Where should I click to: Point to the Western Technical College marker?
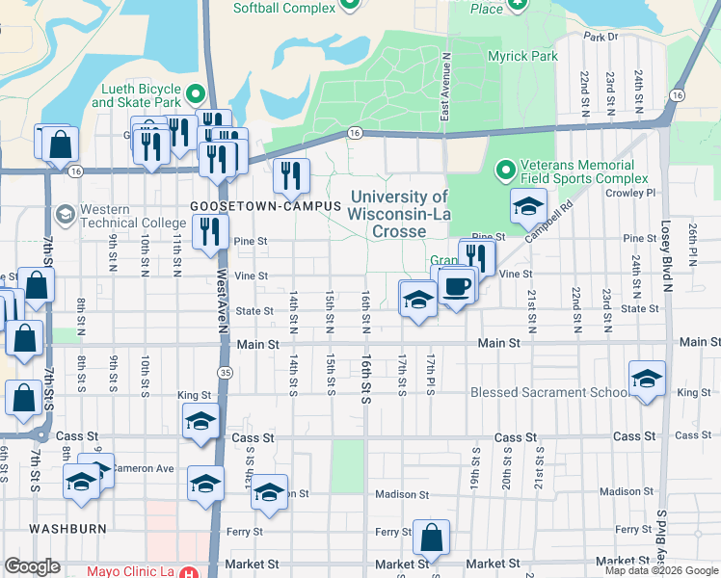[66, 213]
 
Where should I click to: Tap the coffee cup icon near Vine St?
[457, 287]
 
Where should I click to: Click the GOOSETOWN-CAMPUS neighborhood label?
[253, 206]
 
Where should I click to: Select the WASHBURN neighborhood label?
[67, 529]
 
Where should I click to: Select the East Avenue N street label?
[447, 87]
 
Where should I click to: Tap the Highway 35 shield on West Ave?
[226, 371]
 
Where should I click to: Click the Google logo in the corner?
[32, 565]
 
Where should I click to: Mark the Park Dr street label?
[600, 37]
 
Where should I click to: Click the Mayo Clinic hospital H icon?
[190, 571]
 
